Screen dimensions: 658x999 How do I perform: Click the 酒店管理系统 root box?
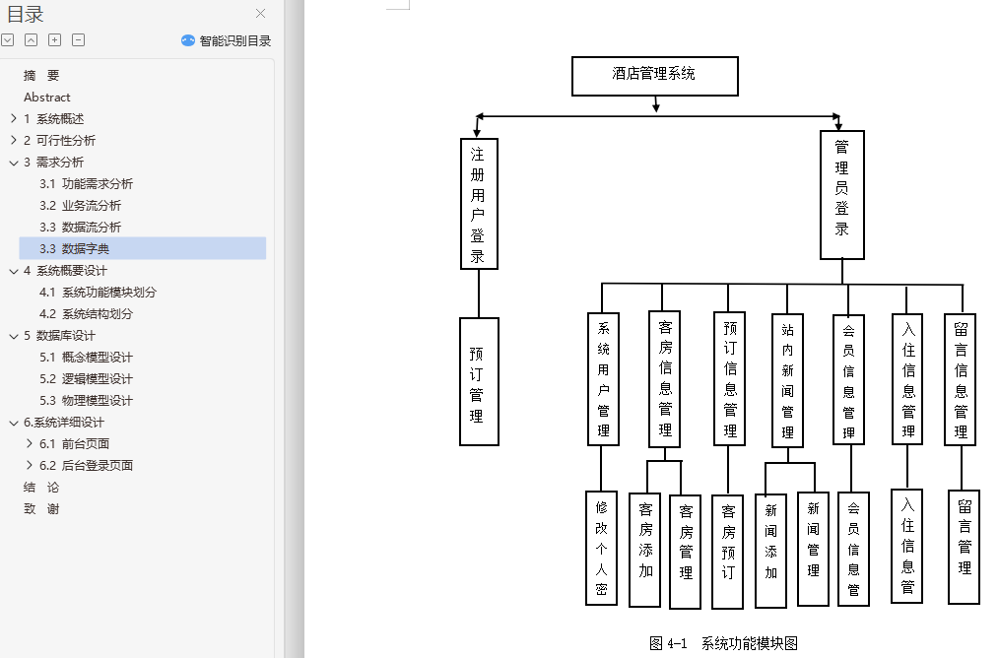click(x=654, y=76)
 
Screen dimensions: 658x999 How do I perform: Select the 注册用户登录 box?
click(x=479, y=203)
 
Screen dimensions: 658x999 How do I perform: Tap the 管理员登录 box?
click(x=842, y=194)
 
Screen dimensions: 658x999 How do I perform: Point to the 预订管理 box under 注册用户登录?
click(x=479, y=381)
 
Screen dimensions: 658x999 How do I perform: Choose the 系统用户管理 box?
click(x=603, y=379)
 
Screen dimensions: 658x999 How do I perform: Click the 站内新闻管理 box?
click(x=787, y=379)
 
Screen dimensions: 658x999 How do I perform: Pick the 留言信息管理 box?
click(x=961, y=379)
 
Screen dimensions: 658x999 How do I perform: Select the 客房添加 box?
click(x=645, y=549)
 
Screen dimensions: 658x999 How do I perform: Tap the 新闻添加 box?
click(x=770, y=550)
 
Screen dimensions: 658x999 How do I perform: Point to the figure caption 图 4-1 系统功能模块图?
click(x=723, y=643)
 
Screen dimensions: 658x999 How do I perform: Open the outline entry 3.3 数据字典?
click(x=86, y=248)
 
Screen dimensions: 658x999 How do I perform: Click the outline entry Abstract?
click(x=47, y=97)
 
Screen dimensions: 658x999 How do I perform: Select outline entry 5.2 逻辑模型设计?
click(x=97, y=378)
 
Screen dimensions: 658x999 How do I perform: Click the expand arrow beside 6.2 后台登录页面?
click(x=30, y=465)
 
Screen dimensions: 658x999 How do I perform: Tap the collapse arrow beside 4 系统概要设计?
click(x=14, y=270)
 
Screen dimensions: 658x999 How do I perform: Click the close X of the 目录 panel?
click(x=260, y=14)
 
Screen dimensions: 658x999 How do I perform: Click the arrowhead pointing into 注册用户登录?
click(x=477, y=132)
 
